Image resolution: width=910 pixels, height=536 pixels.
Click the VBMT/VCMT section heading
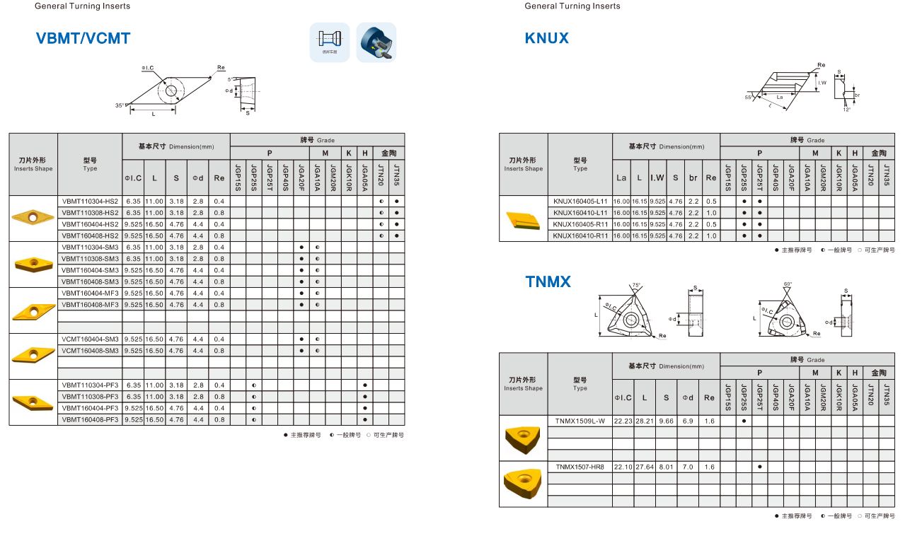point(83,38)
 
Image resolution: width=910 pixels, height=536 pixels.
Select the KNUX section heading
point(546,38)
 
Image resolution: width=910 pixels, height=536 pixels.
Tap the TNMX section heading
point(548,282)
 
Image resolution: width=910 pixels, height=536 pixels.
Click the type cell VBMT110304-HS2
point(90,202)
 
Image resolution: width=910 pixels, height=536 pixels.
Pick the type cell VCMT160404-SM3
point(90,339)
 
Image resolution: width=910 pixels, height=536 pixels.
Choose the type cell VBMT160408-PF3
point(90,419)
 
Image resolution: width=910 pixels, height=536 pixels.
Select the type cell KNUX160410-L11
point(580,213)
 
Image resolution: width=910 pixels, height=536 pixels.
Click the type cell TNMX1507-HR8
point(580,467)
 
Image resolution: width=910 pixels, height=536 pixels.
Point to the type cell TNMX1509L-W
point(580,421)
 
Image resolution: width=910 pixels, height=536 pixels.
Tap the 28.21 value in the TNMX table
point(645,421)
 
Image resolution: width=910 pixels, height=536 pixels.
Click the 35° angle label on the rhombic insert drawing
point(120,105)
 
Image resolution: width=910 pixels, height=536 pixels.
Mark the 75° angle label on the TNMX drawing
point(636,286)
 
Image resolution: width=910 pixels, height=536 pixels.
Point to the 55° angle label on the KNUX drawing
point(749,97)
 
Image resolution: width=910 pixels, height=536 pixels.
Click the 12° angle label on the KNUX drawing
point(846,110)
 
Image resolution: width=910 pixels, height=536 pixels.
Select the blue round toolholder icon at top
point(376,42)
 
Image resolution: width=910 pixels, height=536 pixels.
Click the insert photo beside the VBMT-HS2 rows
point(33,214)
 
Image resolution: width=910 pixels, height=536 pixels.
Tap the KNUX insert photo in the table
point(523,219)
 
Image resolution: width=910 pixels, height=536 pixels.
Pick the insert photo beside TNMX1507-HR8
point(523,484)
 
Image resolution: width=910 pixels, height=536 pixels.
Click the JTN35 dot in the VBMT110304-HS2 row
point(397,202)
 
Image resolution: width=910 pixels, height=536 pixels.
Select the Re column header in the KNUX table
point(711,178)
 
